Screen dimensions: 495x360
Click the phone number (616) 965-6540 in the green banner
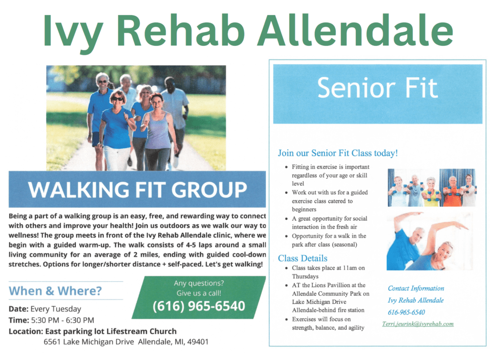tap(199, 306)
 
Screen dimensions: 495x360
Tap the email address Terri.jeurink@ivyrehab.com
tap(418, 324)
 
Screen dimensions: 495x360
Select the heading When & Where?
tap(55, 290)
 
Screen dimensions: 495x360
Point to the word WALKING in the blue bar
tap(79, 189)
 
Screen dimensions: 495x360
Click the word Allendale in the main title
tap(356, 30)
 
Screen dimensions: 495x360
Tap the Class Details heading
tap(303, 258)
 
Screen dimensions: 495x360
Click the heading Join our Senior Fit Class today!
tap(338, 153)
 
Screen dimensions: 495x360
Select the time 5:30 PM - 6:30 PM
tap(62, 320)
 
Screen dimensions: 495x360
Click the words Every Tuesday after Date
tap(56, 309)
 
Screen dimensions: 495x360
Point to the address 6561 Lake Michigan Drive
tap(89, 342)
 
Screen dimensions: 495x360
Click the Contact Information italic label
tap(416, 288)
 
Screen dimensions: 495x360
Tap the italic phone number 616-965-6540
tap(406, 312)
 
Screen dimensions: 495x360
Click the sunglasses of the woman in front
tap(117, 99)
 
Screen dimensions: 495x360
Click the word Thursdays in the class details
tap(306, 276)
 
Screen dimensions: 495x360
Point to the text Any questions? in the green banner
tap(199, 283)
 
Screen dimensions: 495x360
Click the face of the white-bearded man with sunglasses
tap(102, 82)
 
